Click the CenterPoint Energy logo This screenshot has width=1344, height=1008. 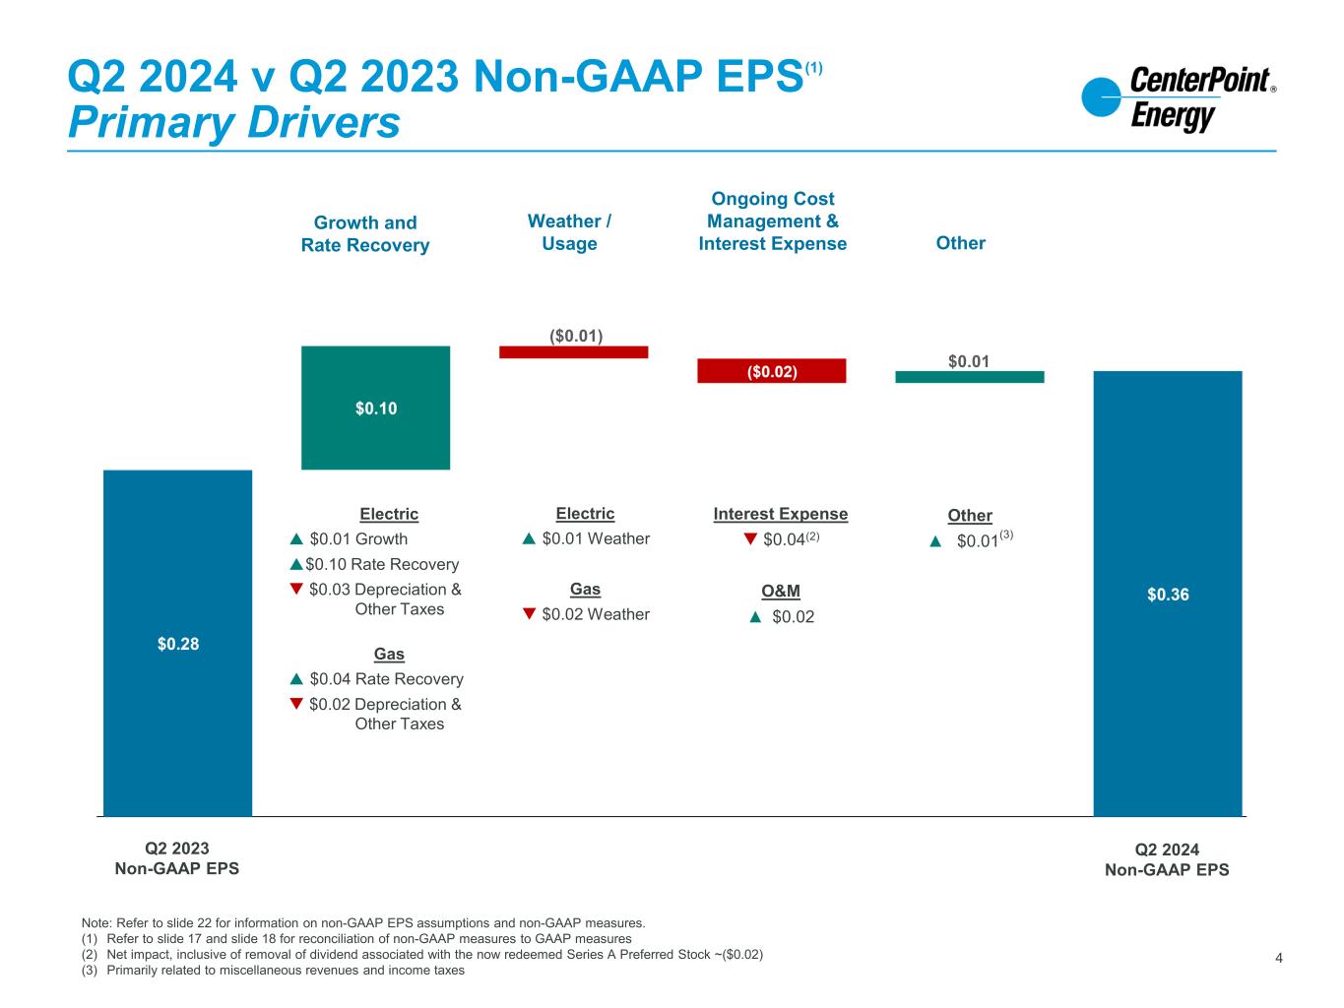click(x=1178, y=98)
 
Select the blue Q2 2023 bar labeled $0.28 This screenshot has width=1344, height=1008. click(x=177, y=643)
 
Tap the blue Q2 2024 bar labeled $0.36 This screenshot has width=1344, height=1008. click(x=1168, y=594)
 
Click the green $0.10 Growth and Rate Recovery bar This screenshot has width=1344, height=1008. click(x=375, y=408)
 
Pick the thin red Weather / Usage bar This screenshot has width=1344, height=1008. click(x=573, y=351)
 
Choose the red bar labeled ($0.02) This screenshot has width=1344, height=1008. click(x=772, y=371)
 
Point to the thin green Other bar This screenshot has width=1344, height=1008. click(x=969, y=376)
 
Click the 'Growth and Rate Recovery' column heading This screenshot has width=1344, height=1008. click(x=365, y=234)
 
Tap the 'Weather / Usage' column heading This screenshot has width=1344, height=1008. click(x=569, y=232)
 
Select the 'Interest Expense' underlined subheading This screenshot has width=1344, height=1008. click(x=780, y=514)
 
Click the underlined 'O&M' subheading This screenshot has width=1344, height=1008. click(x=781, y=591)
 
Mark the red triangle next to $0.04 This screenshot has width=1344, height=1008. click(x=750, y=538)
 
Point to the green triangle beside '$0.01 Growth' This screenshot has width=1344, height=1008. click(x=296, y=538)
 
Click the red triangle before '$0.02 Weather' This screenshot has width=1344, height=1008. click(x=529, y=614)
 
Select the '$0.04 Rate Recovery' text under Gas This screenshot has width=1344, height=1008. click(x=386, y=678)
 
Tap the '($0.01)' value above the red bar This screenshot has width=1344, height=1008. click(x=575, y=336)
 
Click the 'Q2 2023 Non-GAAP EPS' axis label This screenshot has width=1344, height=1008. click(x=177, y=858)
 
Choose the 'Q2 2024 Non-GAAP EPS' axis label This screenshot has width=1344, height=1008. click(x=1167, y=859)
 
